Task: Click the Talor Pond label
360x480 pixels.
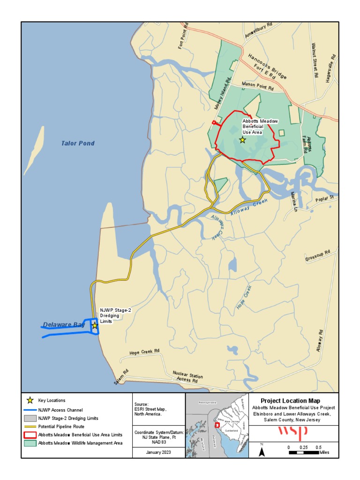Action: pos(78,143)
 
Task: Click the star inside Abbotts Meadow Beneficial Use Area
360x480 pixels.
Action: pos(242,140)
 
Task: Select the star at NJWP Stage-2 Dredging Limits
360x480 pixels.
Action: pos(95,325)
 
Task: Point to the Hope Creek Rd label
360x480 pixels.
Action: pos(144,352)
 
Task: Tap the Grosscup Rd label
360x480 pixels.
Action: pos(317,255)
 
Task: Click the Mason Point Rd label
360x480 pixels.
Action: pos(257,85)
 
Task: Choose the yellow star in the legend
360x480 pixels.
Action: pos(30,400)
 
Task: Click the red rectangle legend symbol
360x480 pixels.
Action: pos(30,435)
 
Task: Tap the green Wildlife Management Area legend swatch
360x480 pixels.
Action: pos(30,443)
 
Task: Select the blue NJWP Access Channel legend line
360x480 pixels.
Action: pos(30,409)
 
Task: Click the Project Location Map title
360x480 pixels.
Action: pos(291,401)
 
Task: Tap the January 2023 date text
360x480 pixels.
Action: pos(152,452)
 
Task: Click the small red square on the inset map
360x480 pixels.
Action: pos(217,425)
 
